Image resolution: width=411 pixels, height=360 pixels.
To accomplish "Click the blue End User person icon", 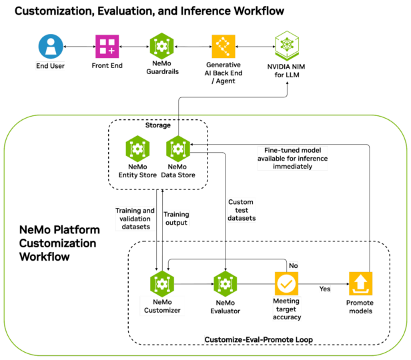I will (x=51, y=46).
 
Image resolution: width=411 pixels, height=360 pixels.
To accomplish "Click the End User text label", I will (x=51, y=66).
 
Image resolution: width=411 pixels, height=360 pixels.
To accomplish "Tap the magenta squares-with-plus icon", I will (x=107, y=46).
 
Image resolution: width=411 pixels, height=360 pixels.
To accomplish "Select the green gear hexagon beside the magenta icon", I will (x=161, y=46).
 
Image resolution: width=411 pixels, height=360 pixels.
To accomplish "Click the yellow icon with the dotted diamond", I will (x=224, y=46).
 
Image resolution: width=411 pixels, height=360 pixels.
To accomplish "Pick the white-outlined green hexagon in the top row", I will (x=287, y=46).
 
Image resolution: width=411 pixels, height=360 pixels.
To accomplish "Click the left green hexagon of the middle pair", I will (x=137, y=149).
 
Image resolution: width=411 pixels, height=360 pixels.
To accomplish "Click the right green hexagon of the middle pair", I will (x=177, y=149).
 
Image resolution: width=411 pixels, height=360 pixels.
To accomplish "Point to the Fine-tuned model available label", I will (x=292, y=158).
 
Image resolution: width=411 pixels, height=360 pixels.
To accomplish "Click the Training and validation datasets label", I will (x=135, y=219).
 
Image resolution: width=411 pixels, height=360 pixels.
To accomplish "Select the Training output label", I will (x=176, y=219).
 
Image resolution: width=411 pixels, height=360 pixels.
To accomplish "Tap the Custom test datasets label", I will (x=241, y=210).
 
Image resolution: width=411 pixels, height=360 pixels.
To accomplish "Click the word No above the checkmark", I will (x=293, y=265).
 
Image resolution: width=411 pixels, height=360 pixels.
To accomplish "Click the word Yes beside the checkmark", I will (x=325, y=289).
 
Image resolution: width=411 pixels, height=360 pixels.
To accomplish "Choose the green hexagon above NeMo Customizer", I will (x=161, y=283).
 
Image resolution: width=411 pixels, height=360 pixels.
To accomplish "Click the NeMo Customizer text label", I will (x=161, y=305).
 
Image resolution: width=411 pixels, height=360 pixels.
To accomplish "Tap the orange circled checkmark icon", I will (x=286, y=283).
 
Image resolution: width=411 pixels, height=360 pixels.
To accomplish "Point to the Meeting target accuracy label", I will (x=286, y=309).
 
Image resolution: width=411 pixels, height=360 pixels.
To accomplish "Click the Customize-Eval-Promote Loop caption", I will (x=258, y=339).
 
